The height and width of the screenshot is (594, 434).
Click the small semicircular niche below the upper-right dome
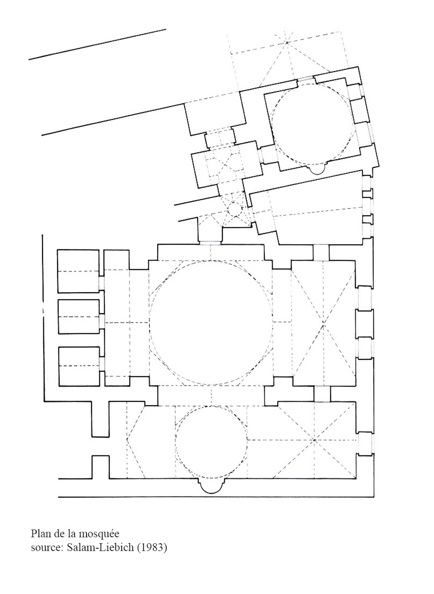[317, 174]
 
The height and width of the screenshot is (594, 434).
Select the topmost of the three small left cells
[78, 271]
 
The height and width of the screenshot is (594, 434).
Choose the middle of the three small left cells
[79, 316]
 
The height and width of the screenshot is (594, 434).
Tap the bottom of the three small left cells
[79, 366]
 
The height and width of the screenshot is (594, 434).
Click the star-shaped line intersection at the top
[286, 42]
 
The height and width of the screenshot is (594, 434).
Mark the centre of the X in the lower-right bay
[314, 440]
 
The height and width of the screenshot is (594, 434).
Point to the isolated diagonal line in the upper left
[97, 44]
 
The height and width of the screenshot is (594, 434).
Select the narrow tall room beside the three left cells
[117, 317]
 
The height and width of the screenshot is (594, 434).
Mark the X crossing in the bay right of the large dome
[323, 325]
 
